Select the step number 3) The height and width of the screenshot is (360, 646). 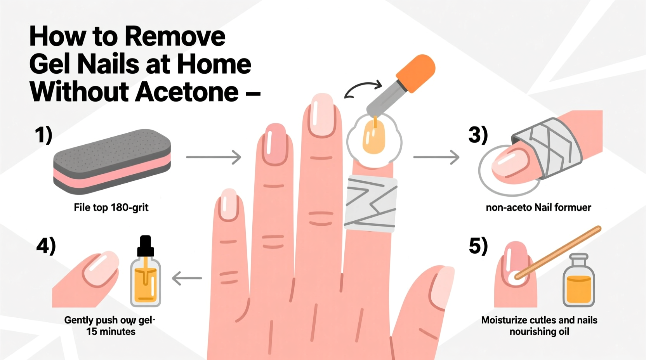point(478,135)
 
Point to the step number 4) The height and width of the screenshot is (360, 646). point(46,246)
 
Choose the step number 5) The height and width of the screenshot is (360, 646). point(478,246)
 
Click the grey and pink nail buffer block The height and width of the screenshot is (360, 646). point(112,161)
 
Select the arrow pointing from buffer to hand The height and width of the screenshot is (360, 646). point(214,157)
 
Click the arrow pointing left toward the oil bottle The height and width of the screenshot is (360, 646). point(187,278)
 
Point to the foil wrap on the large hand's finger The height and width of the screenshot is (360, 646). point(371,204)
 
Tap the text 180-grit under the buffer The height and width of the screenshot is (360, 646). point(130,208)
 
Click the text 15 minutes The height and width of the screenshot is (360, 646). point(111,332)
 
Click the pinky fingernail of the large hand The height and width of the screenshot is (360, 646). point(228,204)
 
